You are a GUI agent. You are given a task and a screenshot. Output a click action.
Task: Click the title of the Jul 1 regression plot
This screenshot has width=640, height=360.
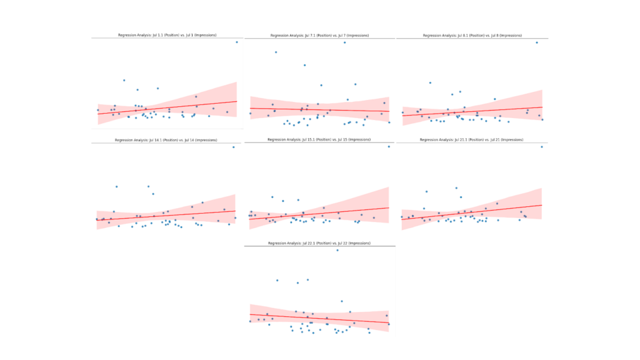(x=167, y=35)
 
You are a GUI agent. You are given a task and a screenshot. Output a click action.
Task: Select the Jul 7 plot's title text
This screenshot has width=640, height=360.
(x=319, y=36)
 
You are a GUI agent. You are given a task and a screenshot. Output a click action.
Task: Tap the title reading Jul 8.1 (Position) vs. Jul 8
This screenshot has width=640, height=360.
(x=472, y=36)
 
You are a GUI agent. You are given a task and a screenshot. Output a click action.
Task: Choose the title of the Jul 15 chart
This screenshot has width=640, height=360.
(x=319, y=139)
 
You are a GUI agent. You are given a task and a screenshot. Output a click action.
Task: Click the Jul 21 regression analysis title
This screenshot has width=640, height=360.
(x=472, y=140)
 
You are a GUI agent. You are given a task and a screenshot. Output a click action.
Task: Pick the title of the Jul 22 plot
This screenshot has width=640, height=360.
(x=319, y=242)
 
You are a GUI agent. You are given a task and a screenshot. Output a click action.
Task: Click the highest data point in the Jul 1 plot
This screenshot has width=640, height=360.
(x=236, y=42)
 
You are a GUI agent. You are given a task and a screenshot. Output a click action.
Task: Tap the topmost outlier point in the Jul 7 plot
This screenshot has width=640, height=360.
(x=344, y=42)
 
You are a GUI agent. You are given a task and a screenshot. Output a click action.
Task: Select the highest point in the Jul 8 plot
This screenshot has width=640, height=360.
(x=536, y=42)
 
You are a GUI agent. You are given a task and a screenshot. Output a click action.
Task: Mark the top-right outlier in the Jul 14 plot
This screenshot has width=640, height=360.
(x=234, y=147)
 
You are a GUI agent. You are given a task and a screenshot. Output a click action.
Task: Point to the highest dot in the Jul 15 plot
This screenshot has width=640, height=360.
(x=388, y=146)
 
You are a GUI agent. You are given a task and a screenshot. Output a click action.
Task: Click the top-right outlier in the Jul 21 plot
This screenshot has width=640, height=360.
(x=541, y=147)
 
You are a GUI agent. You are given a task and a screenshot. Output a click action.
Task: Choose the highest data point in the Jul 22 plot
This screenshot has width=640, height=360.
(x=337, y=250)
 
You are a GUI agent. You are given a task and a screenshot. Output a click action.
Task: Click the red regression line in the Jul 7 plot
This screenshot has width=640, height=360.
(x=319, y=110)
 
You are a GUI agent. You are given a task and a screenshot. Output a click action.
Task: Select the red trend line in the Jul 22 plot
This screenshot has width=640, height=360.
(x=319, y=318)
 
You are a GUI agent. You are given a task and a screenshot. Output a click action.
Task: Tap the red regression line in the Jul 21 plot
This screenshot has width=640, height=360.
(x=472, y=212)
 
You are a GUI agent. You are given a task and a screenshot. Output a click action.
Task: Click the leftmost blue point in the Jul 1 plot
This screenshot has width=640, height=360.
(x=97, y=110)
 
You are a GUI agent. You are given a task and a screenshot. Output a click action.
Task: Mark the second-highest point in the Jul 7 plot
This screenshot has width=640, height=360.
(x=276, y=52)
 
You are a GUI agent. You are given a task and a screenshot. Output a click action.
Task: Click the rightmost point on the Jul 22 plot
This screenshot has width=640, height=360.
(x=388, y=324)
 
